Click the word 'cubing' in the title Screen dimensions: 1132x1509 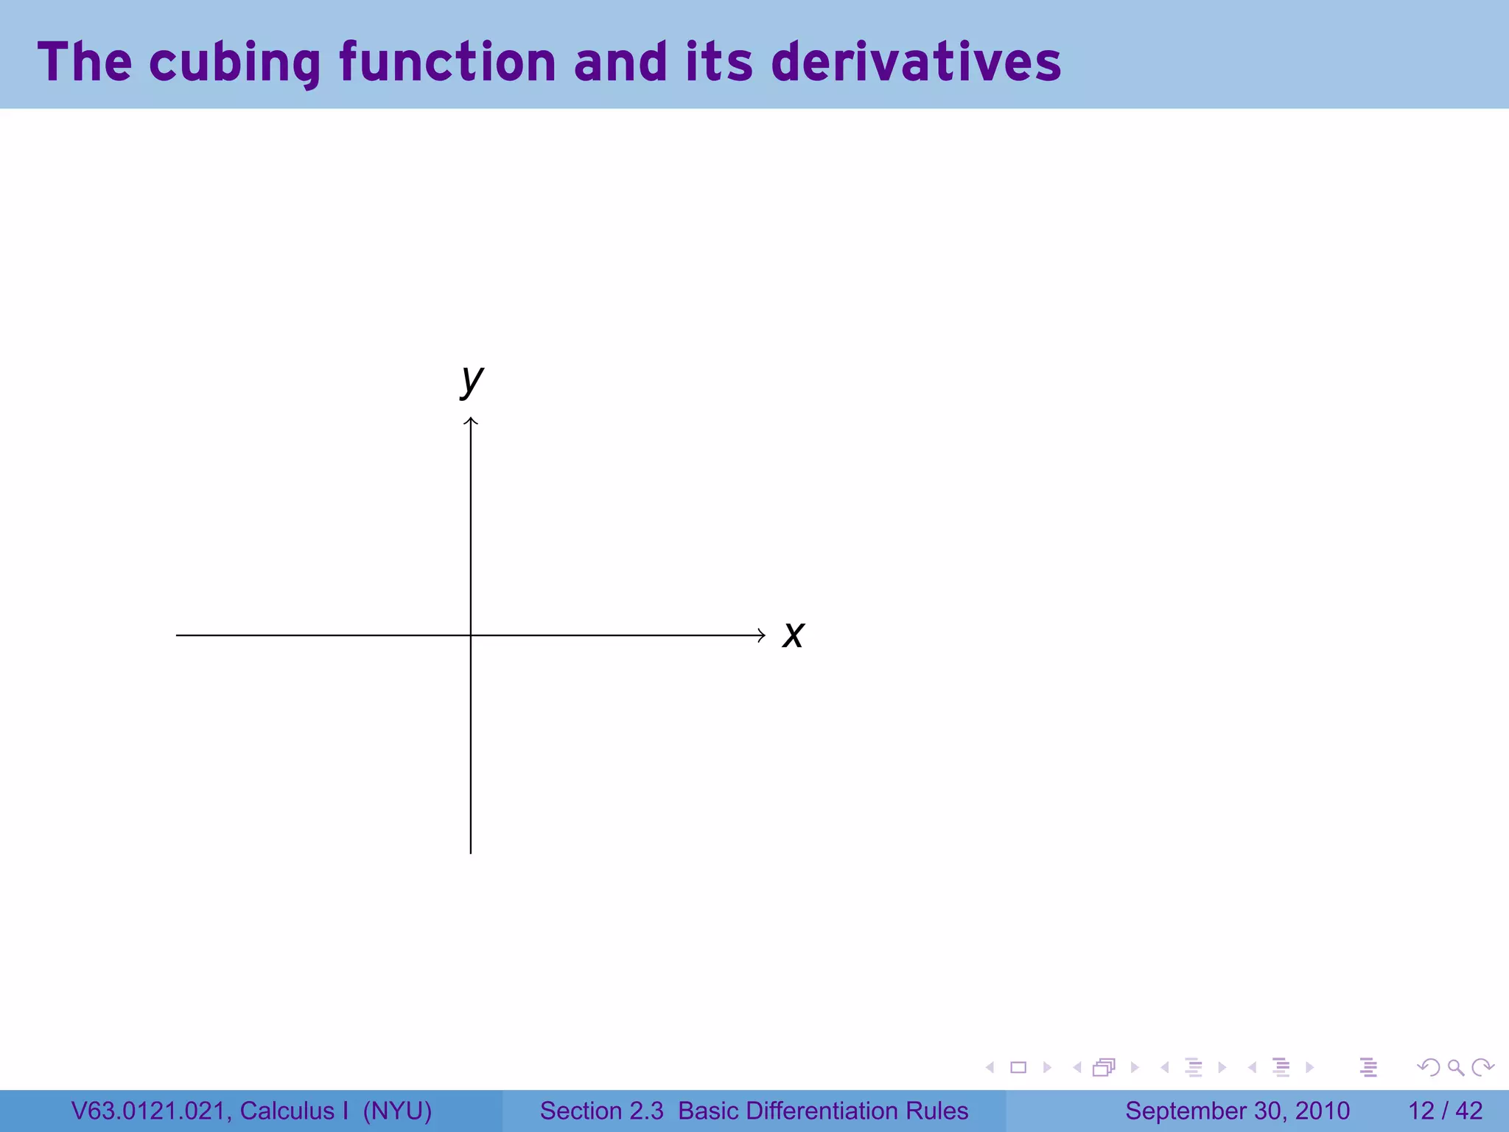coord(234,62)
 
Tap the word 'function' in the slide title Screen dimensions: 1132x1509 coord(447,62)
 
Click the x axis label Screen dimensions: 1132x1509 coord(794,635)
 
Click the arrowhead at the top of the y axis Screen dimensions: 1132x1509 coord(471,421)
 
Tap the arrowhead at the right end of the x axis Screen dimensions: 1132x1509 coord(762,635)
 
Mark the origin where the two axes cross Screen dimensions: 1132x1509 coord(471,635)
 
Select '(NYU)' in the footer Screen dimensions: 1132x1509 coord(397,1111)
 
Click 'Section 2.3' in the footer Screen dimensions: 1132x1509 coord(601,1111)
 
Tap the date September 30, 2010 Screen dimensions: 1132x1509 coord(1237,1111)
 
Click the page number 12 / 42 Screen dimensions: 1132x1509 coord(1445,1111)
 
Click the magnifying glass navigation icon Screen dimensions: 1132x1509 coord(1455,1067)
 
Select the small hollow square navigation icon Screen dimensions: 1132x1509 coord(1018,1067)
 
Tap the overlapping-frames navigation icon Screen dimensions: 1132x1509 coord(1104,1067)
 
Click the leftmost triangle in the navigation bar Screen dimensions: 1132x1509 coord(990,1067)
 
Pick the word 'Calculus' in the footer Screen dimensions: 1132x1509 coord(287,1111)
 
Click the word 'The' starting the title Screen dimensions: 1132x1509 coord(85,62)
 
